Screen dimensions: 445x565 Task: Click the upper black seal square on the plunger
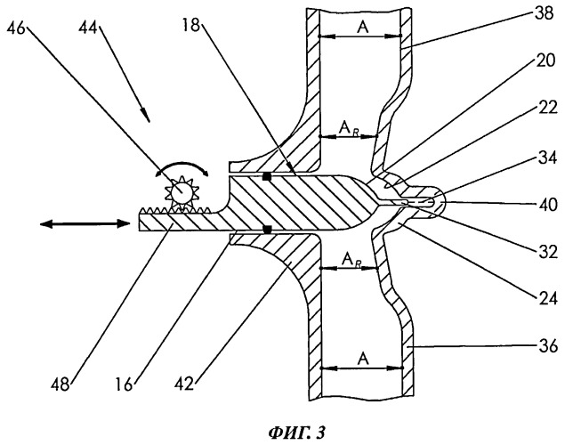pos(265,175)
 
